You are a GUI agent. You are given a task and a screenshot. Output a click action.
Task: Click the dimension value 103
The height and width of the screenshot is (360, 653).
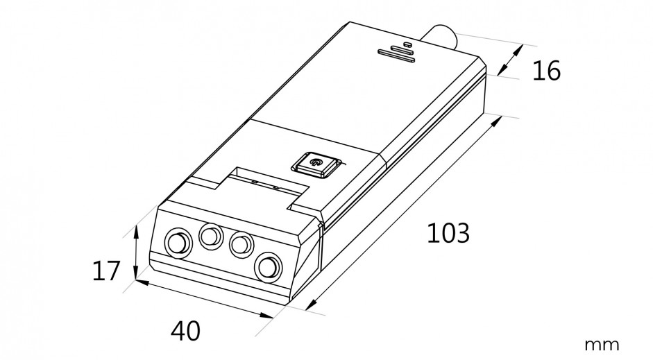click(448, 233)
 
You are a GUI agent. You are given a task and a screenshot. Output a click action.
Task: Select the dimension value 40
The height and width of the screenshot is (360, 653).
click(185, 331)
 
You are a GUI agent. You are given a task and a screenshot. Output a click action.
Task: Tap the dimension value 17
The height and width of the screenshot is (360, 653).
click(105, 271)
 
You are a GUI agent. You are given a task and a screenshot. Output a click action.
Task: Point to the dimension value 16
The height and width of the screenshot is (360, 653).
click(546, 71)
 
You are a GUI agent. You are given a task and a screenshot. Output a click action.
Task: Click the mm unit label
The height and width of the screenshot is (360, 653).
click(602, 345)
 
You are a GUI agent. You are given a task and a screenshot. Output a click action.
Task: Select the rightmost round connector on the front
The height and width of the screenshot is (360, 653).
click(269, 266)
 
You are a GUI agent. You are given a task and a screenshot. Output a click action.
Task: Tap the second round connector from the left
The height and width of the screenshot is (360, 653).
click(211, 236)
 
